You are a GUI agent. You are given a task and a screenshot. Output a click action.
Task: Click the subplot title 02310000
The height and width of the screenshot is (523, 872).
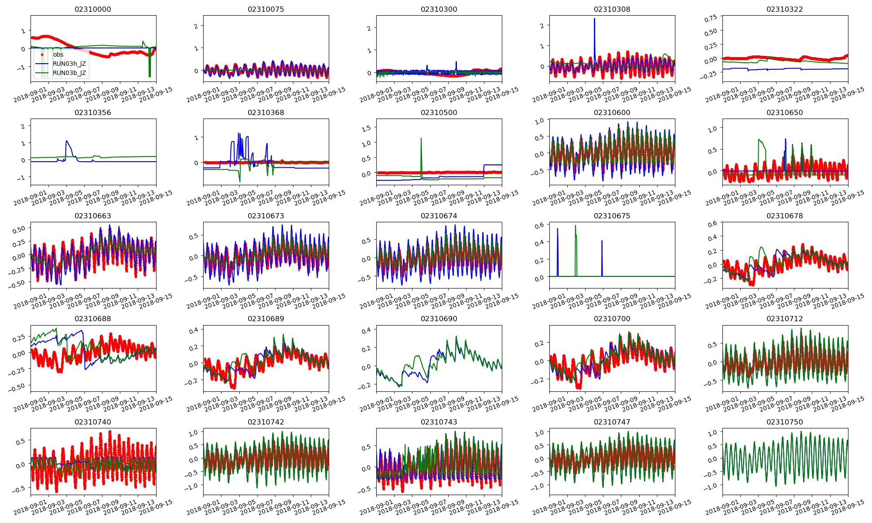coord(93,9)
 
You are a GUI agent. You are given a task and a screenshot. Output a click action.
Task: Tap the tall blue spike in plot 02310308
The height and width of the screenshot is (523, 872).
coord(594,19)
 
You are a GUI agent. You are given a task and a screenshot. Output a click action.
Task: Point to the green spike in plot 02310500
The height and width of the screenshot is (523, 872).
coord(421,139)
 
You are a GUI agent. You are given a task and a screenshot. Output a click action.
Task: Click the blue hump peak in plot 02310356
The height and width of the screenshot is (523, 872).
coord(66,141)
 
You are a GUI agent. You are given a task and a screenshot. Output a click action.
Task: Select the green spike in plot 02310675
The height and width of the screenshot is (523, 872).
coord(576,226)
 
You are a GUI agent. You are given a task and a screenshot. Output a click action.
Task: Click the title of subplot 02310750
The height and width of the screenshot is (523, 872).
coord(784,422)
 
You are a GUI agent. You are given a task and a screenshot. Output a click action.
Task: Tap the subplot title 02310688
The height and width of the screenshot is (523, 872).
coord(93,319)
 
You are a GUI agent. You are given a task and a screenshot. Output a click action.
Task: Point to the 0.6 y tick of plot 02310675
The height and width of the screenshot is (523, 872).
coord(539,225)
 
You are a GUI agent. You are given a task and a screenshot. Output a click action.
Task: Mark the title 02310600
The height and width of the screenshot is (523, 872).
coord(612,112)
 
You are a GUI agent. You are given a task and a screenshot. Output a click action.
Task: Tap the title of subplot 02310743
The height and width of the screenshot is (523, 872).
coord(439,422)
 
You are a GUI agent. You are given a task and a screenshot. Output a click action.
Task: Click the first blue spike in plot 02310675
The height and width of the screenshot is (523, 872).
coord(557,229)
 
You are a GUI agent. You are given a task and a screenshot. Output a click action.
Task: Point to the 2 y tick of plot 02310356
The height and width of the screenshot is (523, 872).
coord(23,126)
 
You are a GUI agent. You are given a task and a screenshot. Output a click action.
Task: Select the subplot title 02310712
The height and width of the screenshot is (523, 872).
coord(784,319)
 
